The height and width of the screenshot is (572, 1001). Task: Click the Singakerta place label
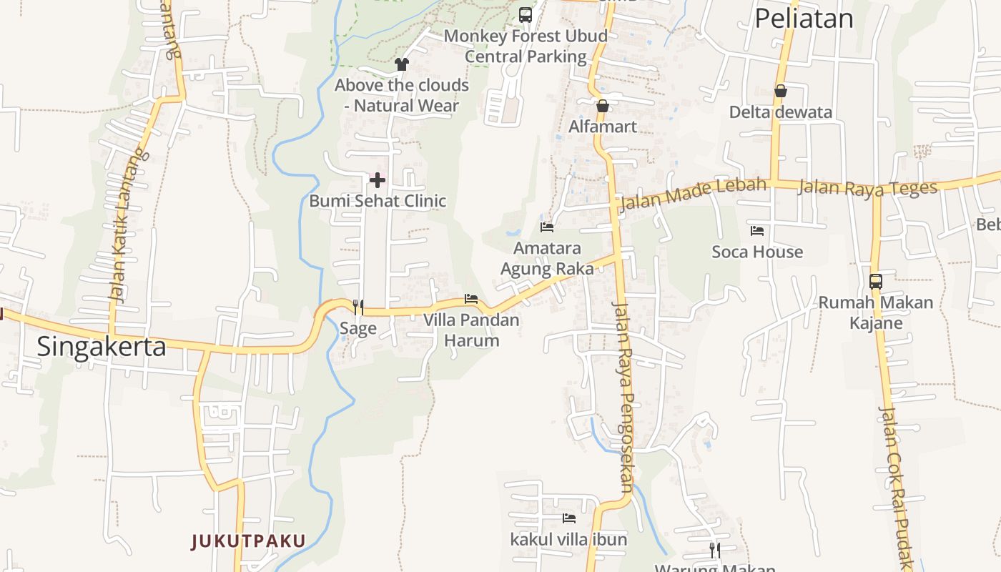tap(101, 347)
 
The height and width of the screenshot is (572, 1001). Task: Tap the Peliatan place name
tap(804, 19)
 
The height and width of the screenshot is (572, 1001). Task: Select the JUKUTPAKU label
tap(248, 541)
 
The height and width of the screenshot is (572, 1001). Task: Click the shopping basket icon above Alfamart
tap(603, 106)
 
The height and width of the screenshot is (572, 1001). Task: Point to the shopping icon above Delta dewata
tap(781, 91)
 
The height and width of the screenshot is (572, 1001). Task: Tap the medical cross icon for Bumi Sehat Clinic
tap(377, 180)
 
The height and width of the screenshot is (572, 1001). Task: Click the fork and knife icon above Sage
tap(358, 307)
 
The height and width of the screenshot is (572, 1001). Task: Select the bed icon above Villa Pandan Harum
tap(470, 299)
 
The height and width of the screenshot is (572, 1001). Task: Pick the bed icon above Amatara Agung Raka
tap(547, 227)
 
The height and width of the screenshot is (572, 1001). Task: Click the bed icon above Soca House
tap(757, 231)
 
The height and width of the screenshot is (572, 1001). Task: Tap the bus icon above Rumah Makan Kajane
tap(876, 281)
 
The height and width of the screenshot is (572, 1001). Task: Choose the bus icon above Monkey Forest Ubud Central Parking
tap(526, 14)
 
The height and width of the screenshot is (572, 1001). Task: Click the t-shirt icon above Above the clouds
tap(401, 64)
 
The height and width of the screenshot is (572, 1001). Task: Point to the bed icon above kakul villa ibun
tap(568, 518)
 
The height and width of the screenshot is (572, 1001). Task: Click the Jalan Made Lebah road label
tap(693, 193)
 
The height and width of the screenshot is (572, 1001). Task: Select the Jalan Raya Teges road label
tap(867, 187)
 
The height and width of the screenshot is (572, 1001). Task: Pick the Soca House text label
tap(757, 252)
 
